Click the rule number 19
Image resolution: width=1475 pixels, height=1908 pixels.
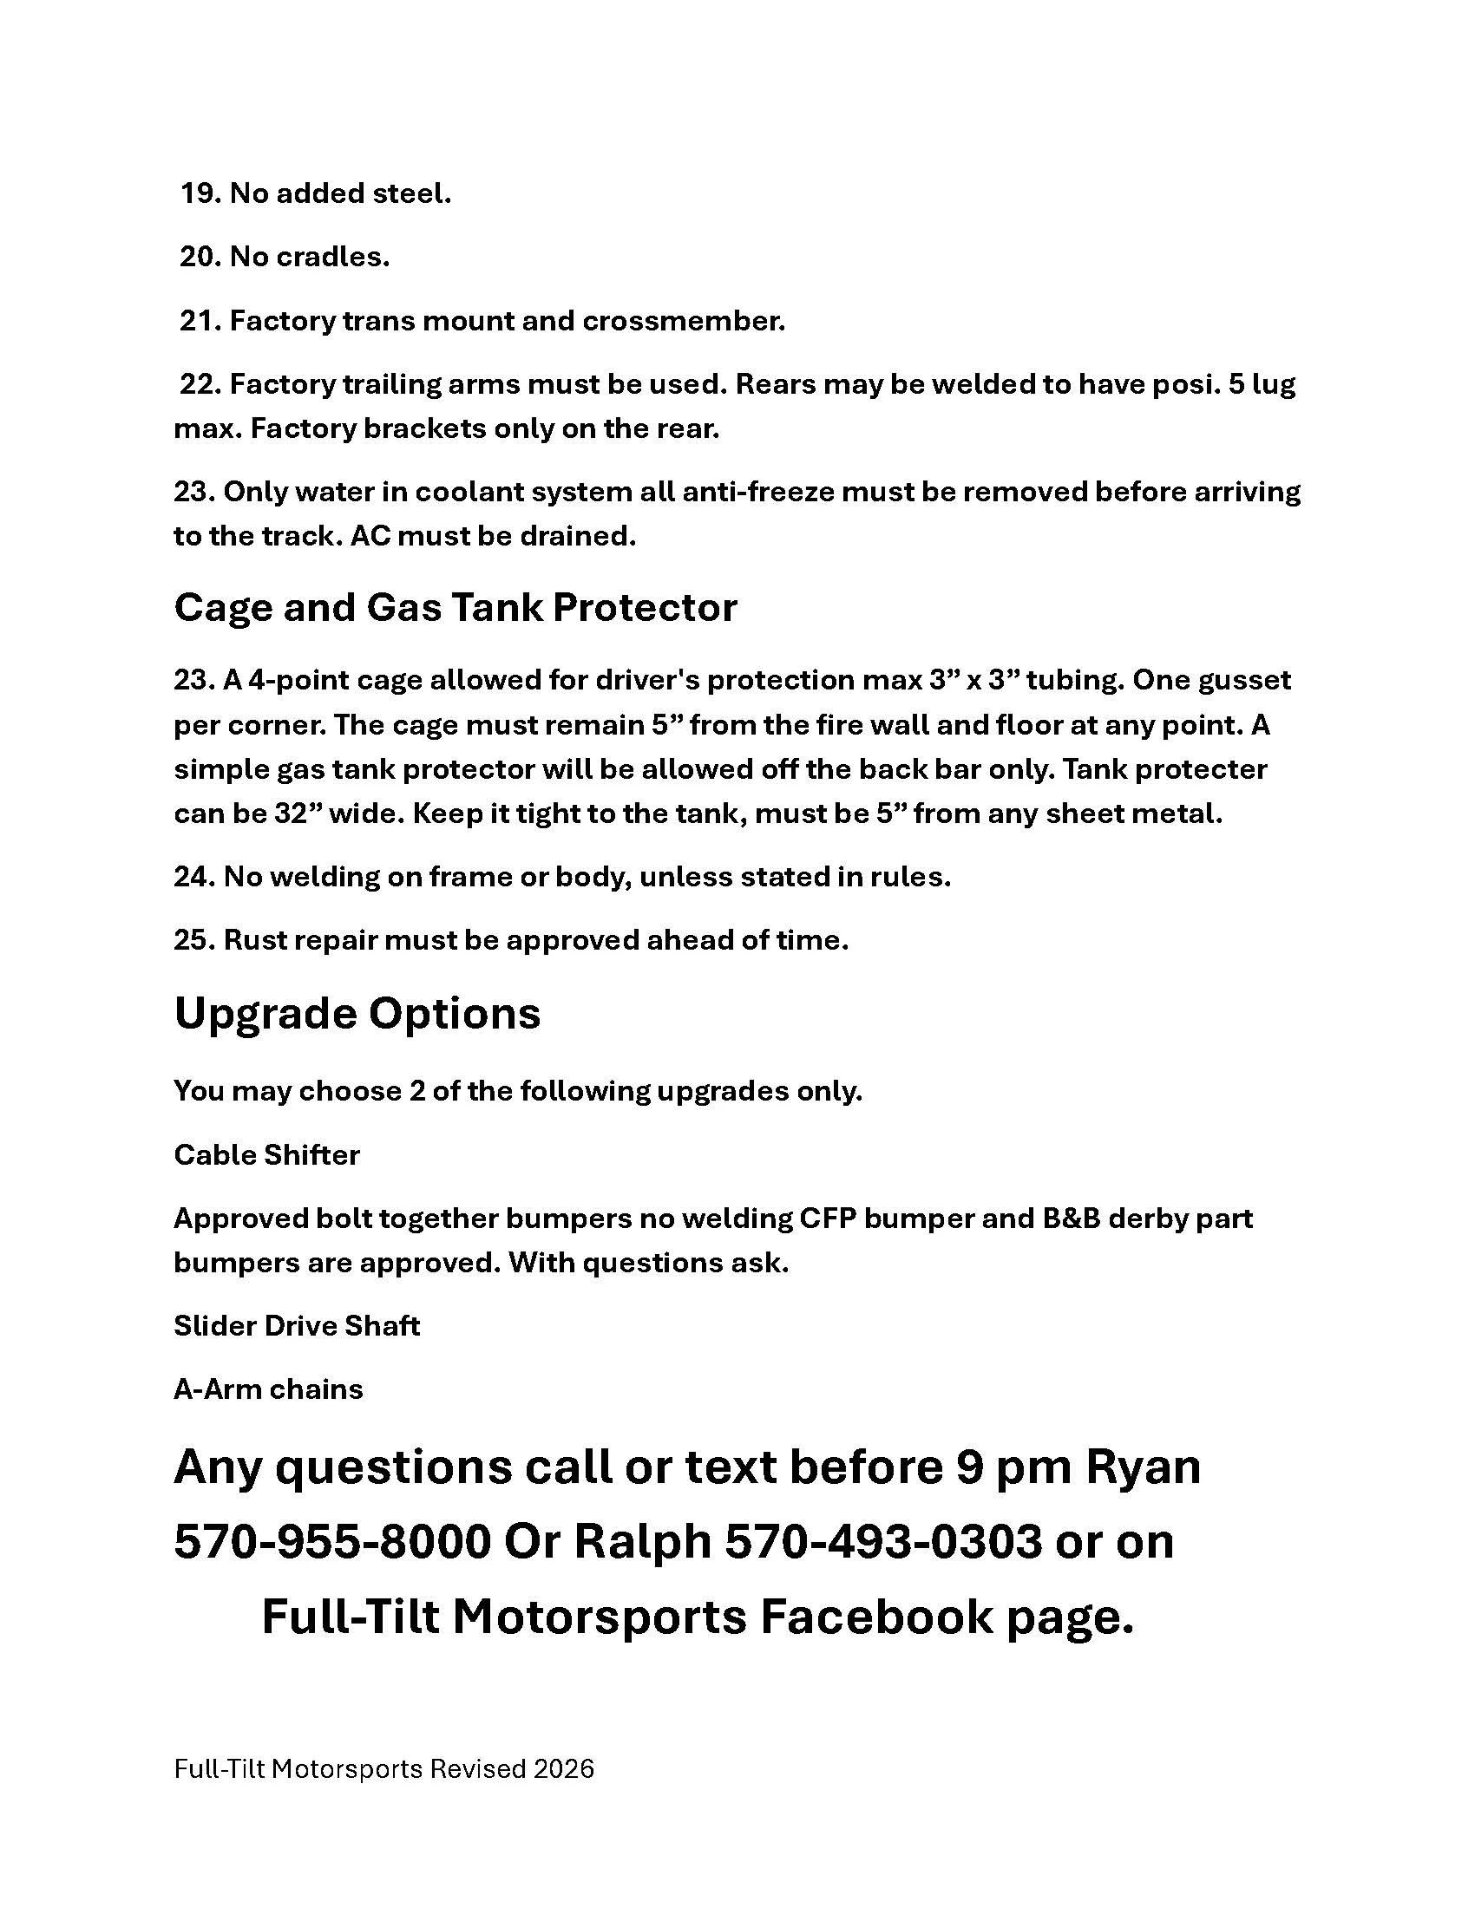[x=200, y=194]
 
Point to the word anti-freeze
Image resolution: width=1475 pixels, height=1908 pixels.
[x=757, y=492]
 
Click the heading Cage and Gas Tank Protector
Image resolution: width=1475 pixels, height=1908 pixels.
[x=456, y=608]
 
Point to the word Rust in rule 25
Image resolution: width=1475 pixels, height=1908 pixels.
[x=255, y=940]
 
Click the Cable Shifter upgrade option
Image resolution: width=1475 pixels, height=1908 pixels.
[x=266, y=1155]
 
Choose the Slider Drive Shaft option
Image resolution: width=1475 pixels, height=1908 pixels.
[x=297, y=1326]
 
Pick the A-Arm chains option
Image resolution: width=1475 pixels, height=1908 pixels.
[x=268, y=1389]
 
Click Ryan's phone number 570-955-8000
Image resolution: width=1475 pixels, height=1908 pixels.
[x=332, y=1543]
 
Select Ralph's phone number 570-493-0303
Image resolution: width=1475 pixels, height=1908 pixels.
[x=883, y=1543]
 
